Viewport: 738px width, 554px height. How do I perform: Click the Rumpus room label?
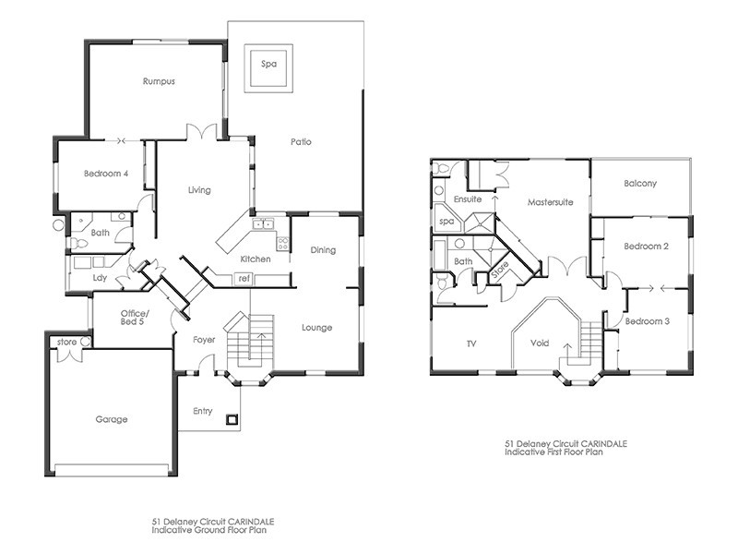159,81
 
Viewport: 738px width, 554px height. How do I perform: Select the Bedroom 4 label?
105,174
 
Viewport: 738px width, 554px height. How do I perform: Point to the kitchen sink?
263,223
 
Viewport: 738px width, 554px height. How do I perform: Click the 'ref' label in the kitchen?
244,278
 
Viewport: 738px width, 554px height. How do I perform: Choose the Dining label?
323,250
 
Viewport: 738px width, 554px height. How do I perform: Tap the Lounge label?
316,328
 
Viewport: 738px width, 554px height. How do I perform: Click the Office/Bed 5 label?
135,319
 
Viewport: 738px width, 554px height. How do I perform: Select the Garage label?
112,419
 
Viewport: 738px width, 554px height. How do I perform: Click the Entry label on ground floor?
204,411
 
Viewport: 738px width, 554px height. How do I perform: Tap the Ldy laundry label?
100,277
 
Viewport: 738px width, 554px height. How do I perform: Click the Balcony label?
640,184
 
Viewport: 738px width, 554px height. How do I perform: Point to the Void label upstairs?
540,343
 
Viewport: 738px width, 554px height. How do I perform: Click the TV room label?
470,343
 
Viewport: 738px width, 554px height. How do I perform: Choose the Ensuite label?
468,200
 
